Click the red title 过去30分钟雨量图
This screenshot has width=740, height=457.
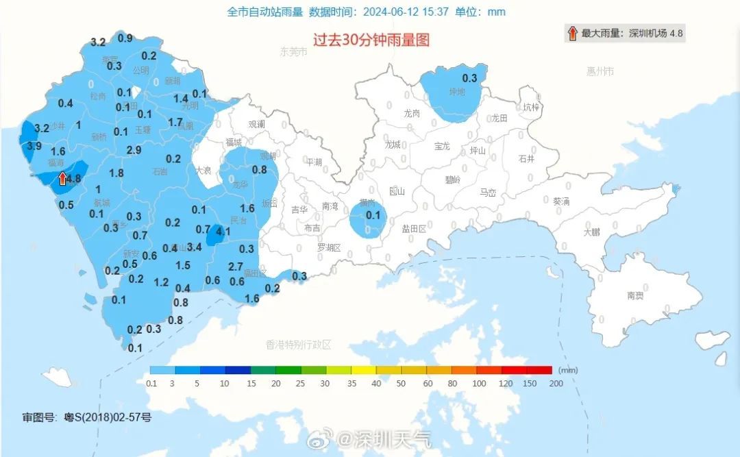371,40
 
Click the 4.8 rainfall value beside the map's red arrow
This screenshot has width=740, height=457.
74,180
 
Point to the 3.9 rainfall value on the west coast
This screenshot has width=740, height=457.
34,146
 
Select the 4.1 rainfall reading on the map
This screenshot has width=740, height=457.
223,232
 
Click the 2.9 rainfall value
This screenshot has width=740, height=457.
134,150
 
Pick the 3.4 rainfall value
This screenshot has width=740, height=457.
194,247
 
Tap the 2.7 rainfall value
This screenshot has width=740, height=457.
235,267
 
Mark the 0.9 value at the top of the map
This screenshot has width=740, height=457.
125,38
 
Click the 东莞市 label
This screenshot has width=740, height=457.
295,51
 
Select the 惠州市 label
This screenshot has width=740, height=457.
600,71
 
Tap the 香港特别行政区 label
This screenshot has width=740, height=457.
298,345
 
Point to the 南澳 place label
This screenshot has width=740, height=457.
635,295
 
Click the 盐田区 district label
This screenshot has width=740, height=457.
414,229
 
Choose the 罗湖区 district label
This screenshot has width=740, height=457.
329,247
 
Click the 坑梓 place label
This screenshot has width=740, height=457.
531,108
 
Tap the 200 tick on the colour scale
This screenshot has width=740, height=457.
555,384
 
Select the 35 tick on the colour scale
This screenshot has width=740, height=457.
351,384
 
